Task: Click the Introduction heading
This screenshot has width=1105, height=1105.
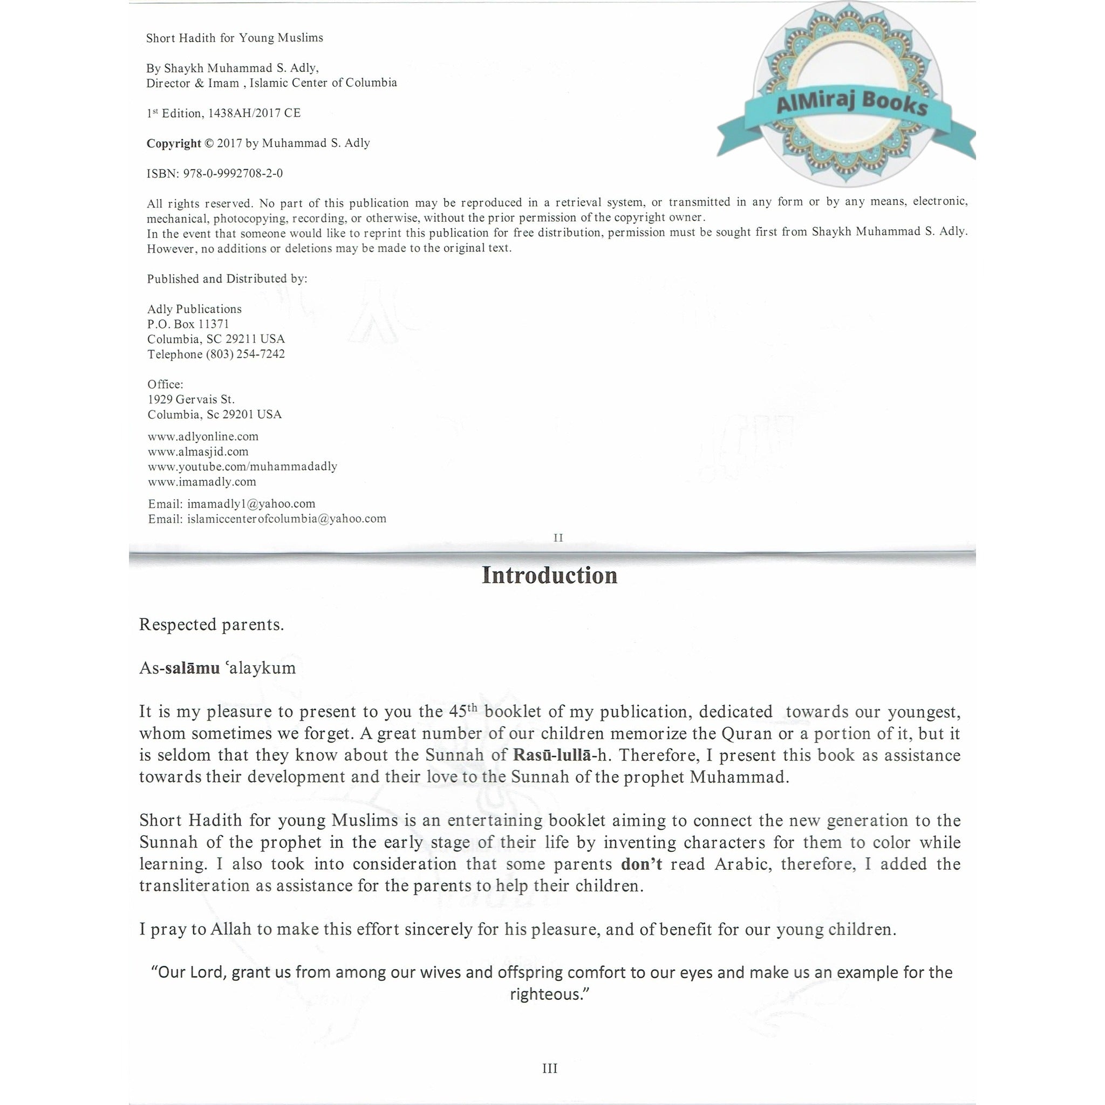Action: (x=549, y=575)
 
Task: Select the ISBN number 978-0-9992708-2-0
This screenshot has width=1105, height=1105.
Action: (x=233, y=173)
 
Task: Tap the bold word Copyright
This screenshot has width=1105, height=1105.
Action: (x=173, y=143)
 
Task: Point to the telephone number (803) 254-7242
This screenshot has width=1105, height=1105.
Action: (x=245, y=354)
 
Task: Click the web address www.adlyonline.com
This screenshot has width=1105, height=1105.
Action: (x=203, y=436)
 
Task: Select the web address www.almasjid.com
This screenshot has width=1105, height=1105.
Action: (x=198, y=451)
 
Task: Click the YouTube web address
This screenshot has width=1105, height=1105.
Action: (x=242, y=466)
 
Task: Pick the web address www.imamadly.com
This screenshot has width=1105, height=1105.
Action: (x=202, y=482)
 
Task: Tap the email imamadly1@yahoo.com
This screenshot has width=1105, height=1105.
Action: (x=251, y=504)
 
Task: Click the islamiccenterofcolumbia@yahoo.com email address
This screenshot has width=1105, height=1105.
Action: (x=287, y=519)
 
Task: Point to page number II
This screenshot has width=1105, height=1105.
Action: (x=558, y=537)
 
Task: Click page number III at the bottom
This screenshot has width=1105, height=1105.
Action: (x=550, y=1068)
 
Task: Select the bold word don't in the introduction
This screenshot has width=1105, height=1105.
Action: (x=641, y=864)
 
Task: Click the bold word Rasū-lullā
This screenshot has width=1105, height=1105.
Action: (x=552, y=755)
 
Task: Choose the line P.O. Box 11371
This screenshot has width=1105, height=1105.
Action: (x=188, y=324)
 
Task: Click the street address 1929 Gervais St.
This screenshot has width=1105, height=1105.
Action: (x=191, y=399)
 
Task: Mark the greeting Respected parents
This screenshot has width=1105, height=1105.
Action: (x=212, y=625)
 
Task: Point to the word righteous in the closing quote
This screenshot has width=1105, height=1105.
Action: (x=548, y=994)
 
